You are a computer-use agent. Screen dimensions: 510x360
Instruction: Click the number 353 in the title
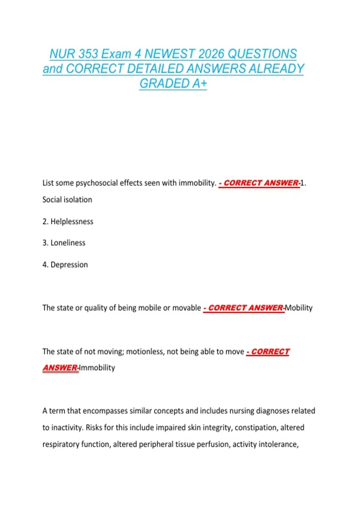(88, 54)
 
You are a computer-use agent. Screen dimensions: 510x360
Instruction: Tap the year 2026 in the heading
(211, 54)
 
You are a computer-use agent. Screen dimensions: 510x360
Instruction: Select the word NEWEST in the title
(170, 54)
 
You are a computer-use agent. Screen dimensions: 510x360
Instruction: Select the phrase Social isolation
(67, 200)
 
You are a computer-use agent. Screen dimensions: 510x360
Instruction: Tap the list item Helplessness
(72, 222)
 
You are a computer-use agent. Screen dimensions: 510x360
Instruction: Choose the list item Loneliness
(68, 243)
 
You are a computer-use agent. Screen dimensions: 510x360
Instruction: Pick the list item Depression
(69, 265)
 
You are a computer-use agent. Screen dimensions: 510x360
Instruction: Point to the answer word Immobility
(97, 368)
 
